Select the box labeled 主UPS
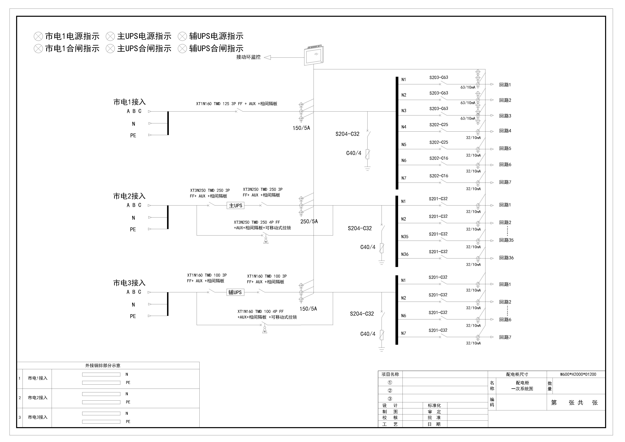235,206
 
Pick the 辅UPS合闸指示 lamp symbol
182,49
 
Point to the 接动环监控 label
248,57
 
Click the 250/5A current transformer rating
309,222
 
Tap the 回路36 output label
506,258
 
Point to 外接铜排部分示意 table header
103,366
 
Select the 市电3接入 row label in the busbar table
38,417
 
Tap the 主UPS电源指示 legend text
144,36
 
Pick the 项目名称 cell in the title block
390,374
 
